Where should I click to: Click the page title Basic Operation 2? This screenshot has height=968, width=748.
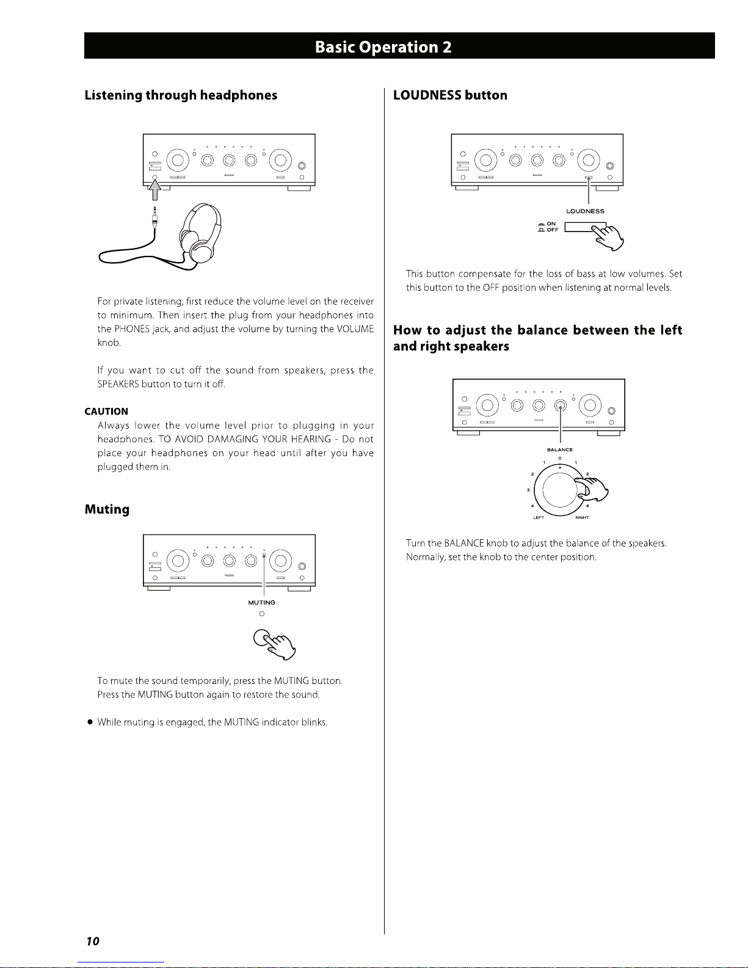pyautogui.click(x=383, y=47)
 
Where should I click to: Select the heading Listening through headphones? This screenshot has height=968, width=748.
pyautogui.click(x=181, y=95)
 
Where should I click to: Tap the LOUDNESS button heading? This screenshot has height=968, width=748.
pyautogui.click(x=450, y=95)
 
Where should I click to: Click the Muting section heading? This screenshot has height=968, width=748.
pyautogui.click(x=107, y=509)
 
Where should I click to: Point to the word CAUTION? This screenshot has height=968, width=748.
pyautogui.click(x=106, y=411)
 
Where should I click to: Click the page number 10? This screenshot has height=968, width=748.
pyautogui.click(x=92, y=941)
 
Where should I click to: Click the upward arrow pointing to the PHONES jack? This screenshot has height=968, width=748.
pyautogui.click(x=155, y=189)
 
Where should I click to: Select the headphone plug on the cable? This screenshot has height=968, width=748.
pyautogui.click(x=155, y=216)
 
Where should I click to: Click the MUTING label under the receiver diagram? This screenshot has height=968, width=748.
pyautogui.click(x=261, y=603)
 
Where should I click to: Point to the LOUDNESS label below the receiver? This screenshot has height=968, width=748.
pyautogui.click(x=585, y=211)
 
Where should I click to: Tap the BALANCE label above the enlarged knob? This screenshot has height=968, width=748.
pyautogui.click(x=559, y=450)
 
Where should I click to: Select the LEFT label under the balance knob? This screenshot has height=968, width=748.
pyautogui.click(x=539, y=517)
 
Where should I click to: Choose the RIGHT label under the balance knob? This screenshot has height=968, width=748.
pyautogui.click(x=582, y=517)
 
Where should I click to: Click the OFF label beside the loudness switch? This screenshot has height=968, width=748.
pyautogui.click(x=552, y=230)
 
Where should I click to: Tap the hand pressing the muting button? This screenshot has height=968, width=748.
pyautogui.click(x=279, y=645)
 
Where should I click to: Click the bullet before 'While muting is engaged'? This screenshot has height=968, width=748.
pyautogui.click(x=89, y=722)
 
